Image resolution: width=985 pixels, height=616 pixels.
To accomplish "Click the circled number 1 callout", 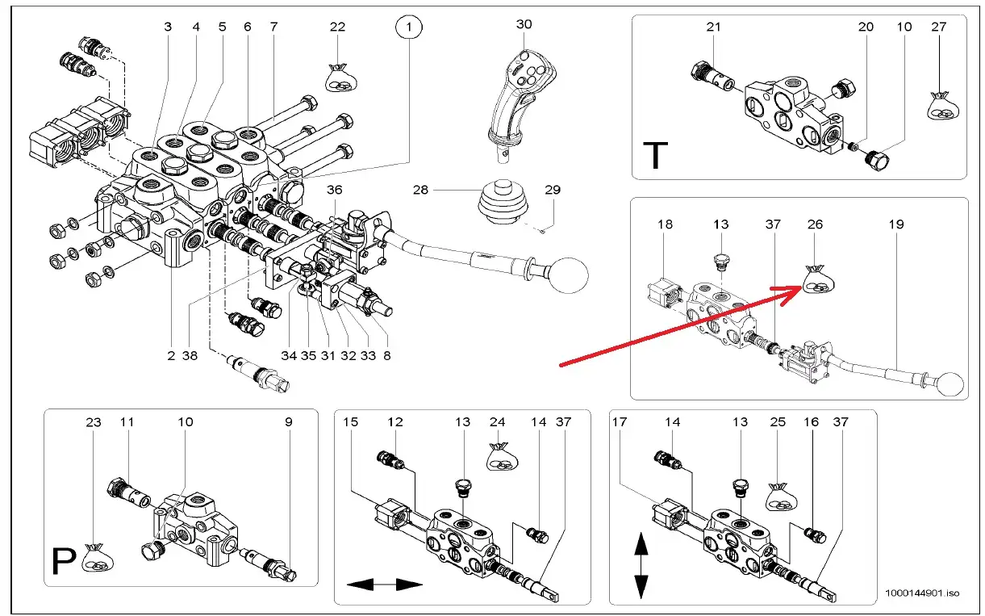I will coord(410,28).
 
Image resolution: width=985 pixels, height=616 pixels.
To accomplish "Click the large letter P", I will coord(63,561).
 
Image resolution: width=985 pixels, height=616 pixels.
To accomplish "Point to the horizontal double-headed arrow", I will coord(385,584).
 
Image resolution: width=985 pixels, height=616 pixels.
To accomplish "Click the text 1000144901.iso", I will coord(921,593).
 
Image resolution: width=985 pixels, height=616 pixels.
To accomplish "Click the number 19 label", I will coord(896,224).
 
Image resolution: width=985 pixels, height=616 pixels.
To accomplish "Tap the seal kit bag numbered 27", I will coord(941,105).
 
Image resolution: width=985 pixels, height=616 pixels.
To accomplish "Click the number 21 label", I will coord(713,27).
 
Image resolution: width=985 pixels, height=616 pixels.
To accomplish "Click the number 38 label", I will coord(190,355).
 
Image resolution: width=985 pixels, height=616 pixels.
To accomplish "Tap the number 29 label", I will coord(552,191).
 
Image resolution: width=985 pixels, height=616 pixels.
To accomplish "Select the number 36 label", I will coord(335,191).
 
